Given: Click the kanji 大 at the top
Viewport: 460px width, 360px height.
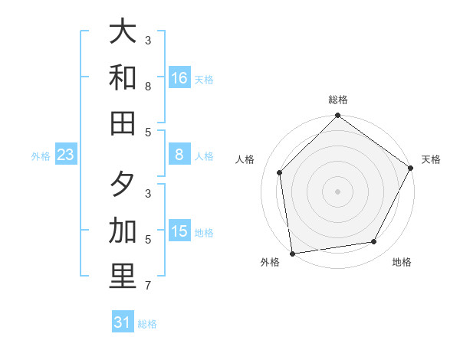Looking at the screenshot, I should coord(123,31).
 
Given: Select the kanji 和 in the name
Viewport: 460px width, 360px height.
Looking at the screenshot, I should coord(123,77).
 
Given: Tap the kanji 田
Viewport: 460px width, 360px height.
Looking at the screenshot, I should coord(123,123).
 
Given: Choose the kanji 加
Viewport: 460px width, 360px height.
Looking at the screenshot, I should coord(123,230).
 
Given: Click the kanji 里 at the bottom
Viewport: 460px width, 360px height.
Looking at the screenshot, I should coord(123,277).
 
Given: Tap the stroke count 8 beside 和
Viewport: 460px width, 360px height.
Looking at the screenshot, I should coord(148,87).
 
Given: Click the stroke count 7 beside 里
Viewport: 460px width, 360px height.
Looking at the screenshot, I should coord(148,286).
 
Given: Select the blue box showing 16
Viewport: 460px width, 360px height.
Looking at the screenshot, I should coord(179,77).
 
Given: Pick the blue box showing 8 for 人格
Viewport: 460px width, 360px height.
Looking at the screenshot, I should coord(179,155).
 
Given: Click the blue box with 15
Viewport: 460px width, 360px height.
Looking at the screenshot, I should coord(179,231).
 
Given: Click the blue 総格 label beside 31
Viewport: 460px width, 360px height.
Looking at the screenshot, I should coord(147,324).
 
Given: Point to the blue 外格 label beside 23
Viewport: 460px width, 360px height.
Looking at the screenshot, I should coord(41,156).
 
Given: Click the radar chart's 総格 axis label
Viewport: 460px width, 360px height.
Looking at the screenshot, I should coord(338,100).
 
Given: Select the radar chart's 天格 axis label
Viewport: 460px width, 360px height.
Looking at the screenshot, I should coord(431,159).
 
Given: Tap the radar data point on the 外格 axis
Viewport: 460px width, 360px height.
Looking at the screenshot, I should coord(292,253).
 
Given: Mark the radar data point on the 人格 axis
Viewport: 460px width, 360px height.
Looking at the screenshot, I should coord(280,172).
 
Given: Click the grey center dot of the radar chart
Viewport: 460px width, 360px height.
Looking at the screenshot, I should coord(338,191).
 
